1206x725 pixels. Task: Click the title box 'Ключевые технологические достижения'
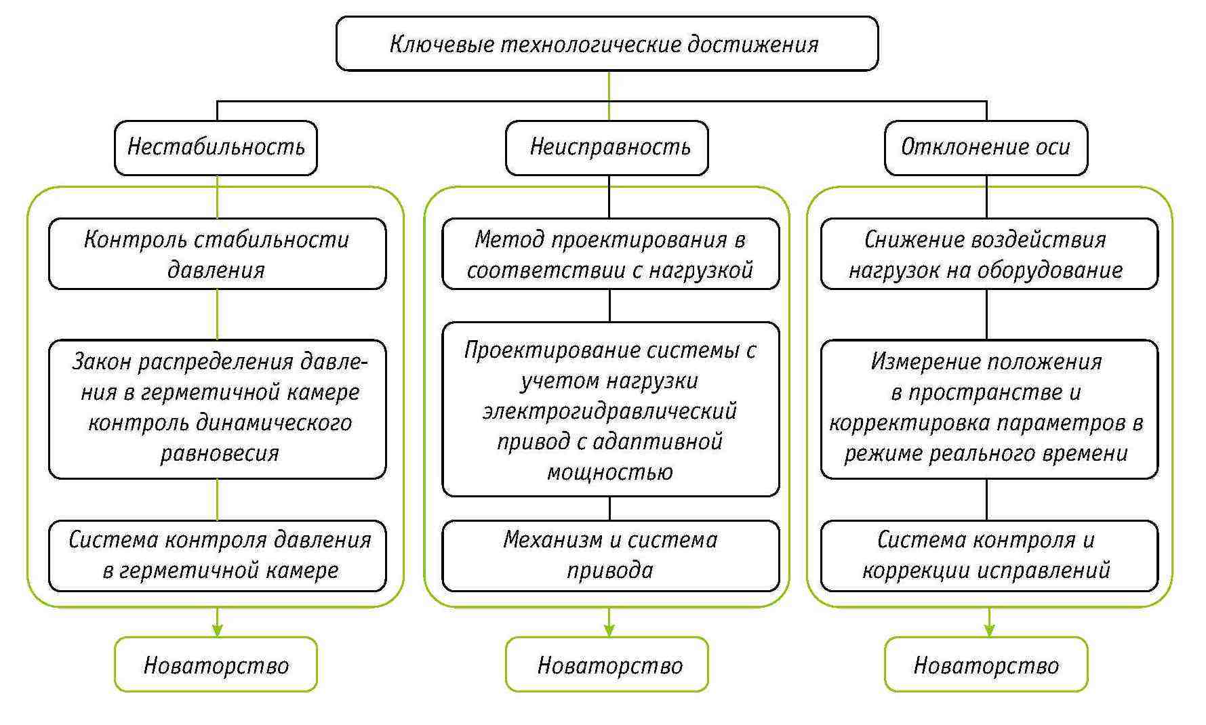(x=607, y=44)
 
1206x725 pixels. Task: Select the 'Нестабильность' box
(x=216, y=148)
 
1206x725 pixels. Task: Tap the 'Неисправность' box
(x=607, y=148)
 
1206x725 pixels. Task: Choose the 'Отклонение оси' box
(x=986, y=148)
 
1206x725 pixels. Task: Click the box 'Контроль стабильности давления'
(x=217, y=254)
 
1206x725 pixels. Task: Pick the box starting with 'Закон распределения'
(x=217, y=409)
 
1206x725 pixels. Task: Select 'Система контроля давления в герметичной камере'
(x=217, y=555)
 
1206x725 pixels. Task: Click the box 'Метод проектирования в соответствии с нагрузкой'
(x=610, y=254)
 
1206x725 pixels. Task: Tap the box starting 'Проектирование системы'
(x=610, y=409)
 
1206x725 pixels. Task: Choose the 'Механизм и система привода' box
(x=610, y=555)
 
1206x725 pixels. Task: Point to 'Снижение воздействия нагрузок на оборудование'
(x=988, y=254)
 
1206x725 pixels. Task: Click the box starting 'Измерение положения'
(x=988, y=409)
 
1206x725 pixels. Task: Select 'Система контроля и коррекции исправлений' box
(x=988, y=555)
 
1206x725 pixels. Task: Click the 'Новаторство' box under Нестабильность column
(x=216, y=665)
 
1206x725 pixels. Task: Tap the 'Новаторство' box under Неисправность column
(x=607, y=665)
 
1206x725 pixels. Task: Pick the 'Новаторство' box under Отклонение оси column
(x=986, y=665)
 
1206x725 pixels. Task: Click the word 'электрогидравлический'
(x=609, y=411)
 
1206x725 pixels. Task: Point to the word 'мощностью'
(x=609, y=472)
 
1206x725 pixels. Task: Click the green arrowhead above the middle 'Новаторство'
(x=609, y=630)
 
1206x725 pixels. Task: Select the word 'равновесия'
(x=219, y=453)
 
